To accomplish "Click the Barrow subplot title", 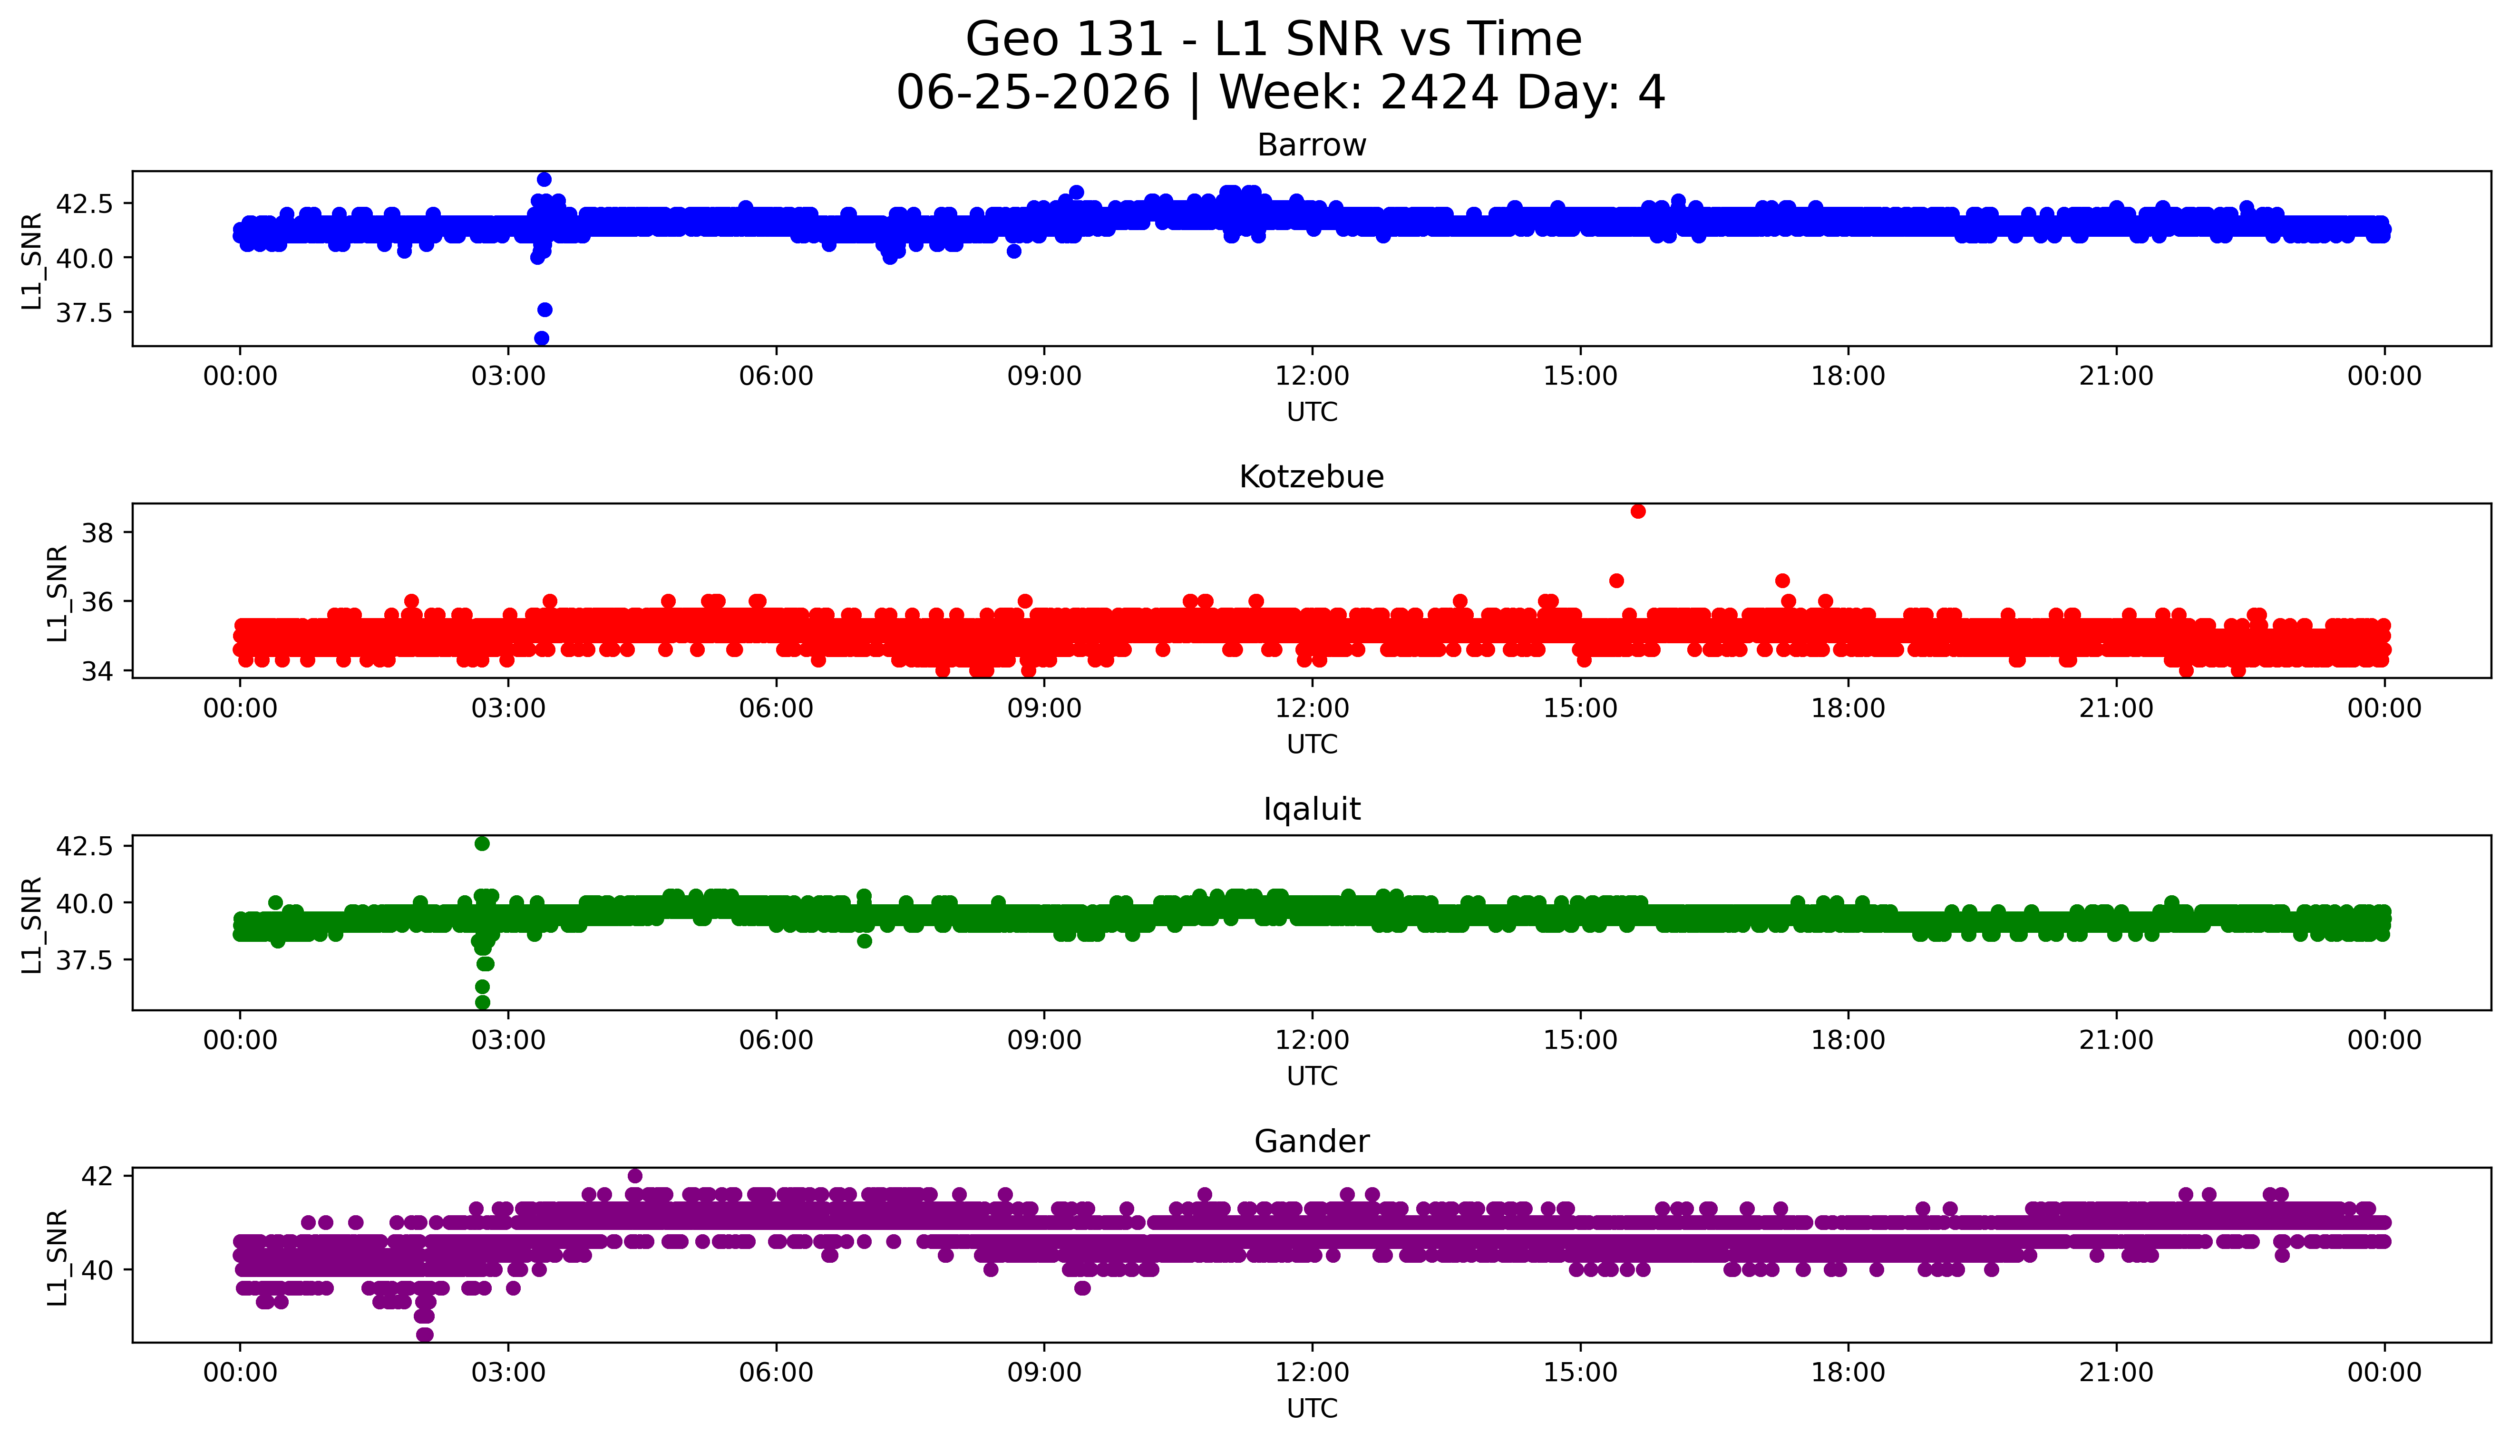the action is (x=1312, y=145).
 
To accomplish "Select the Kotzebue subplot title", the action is (x=1312, y=477).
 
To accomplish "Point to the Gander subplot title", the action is (x=1312, y=1142).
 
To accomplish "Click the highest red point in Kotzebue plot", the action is (x=1638, y=511).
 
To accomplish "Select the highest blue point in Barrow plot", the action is (x=544, y=179).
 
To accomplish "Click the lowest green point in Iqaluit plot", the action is (x=482, y=1002).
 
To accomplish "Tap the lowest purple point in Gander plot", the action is (x=425, y=1334).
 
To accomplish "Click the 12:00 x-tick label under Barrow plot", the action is (x=1312, y=377).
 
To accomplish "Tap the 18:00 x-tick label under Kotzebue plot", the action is (x=1848, y=708).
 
